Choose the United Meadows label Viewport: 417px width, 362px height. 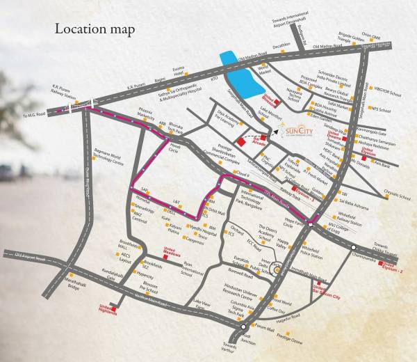tap(169, 250)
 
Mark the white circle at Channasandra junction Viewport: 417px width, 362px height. tap(354, 248)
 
